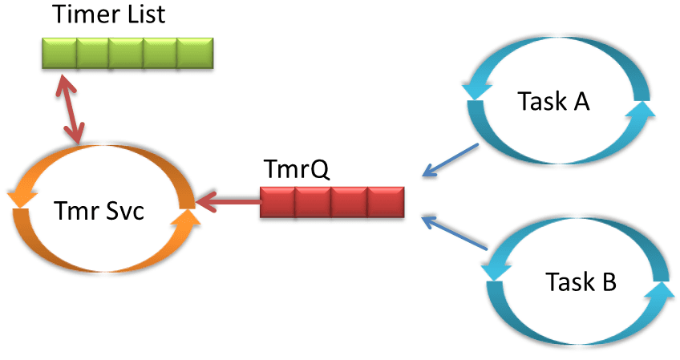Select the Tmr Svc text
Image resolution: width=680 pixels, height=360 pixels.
(x=99, y=212)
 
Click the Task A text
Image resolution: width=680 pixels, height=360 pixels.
(x=554, y=102)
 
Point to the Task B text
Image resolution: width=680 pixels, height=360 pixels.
(x=581, y=282)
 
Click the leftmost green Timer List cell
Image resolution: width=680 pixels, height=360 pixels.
(x=59, y=54)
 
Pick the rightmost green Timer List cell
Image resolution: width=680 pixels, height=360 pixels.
(x=195, y=54)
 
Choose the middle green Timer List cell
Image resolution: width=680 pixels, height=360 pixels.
(x=127, y=54)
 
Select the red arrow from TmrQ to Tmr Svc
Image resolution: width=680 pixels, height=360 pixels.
(x=229, y=201)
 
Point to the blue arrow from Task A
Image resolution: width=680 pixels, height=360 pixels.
(x=451, y=159)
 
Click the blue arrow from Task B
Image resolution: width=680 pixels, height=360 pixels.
(x=455, y=233)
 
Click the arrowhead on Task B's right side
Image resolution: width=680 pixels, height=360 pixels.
(x=662, y=293)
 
